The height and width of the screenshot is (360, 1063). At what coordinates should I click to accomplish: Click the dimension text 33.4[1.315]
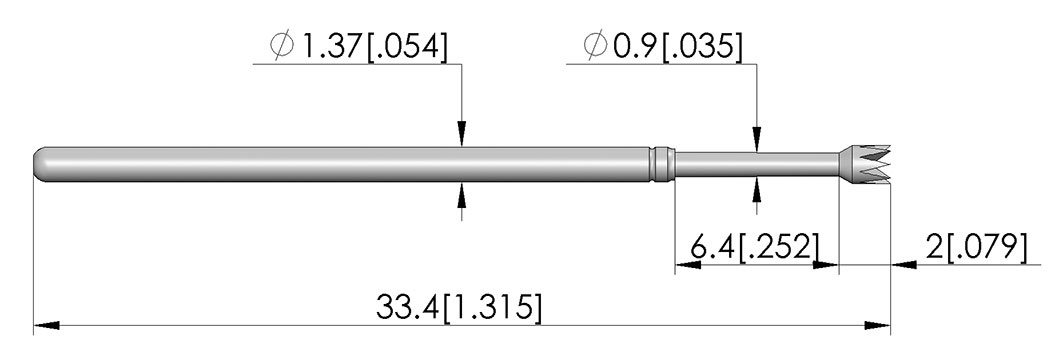coord(459,308)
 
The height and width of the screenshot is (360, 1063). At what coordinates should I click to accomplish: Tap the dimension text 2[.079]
coord(971,247)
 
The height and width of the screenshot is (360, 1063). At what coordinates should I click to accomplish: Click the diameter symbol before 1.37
coord(281,48)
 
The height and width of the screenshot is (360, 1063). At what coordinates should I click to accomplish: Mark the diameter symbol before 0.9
coord(596,47)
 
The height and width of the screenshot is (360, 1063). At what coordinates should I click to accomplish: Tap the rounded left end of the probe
coord(41,165)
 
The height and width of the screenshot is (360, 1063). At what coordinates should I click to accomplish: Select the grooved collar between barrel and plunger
coord(663,165)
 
